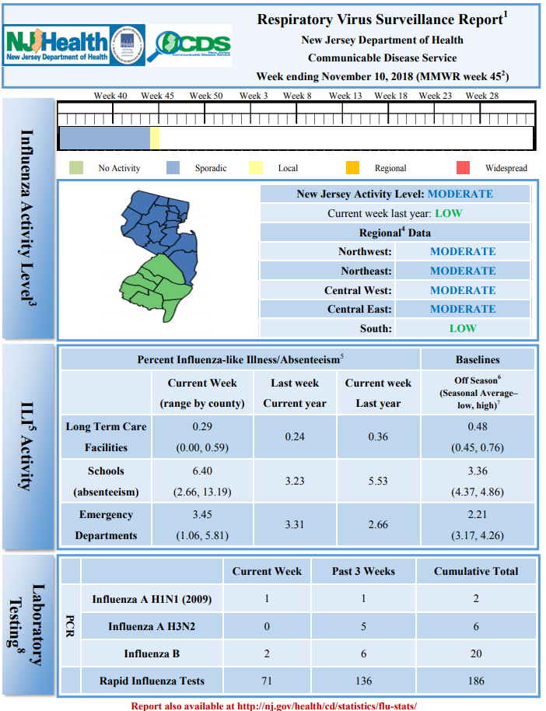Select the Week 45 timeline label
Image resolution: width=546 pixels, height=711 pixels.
(157, 96)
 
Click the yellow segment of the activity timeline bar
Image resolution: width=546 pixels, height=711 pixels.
(155, 138)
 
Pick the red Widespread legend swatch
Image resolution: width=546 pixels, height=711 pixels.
(463, 168)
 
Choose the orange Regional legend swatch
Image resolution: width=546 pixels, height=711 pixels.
(352, 168)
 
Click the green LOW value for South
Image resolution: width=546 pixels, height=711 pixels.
(463, 328)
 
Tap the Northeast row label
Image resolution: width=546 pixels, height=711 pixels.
(366, 271)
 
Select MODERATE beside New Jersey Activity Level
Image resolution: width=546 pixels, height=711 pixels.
(460, 194)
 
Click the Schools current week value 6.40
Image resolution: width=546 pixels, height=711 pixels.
(202, 471)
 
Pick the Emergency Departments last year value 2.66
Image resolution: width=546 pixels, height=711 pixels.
(378, 524)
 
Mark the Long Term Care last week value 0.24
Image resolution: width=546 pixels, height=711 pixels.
(295, 436)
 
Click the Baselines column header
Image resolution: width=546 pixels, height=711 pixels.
(478, 360)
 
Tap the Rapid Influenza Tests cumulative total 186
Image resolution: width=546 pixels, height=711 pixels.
(476, 681)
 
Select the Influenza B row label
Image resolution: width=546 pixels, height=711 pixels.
(152, 654)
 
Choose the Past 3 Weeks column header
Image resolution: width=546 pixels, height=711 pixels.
(363, 571)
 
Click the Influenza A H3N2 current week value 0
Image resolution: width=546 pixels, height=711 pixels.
(267, 627)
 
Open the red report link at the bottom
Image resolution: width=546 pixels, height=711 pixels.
(274, 706)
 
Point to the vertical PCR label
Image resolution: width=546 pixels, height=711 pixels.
(70, 626)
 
